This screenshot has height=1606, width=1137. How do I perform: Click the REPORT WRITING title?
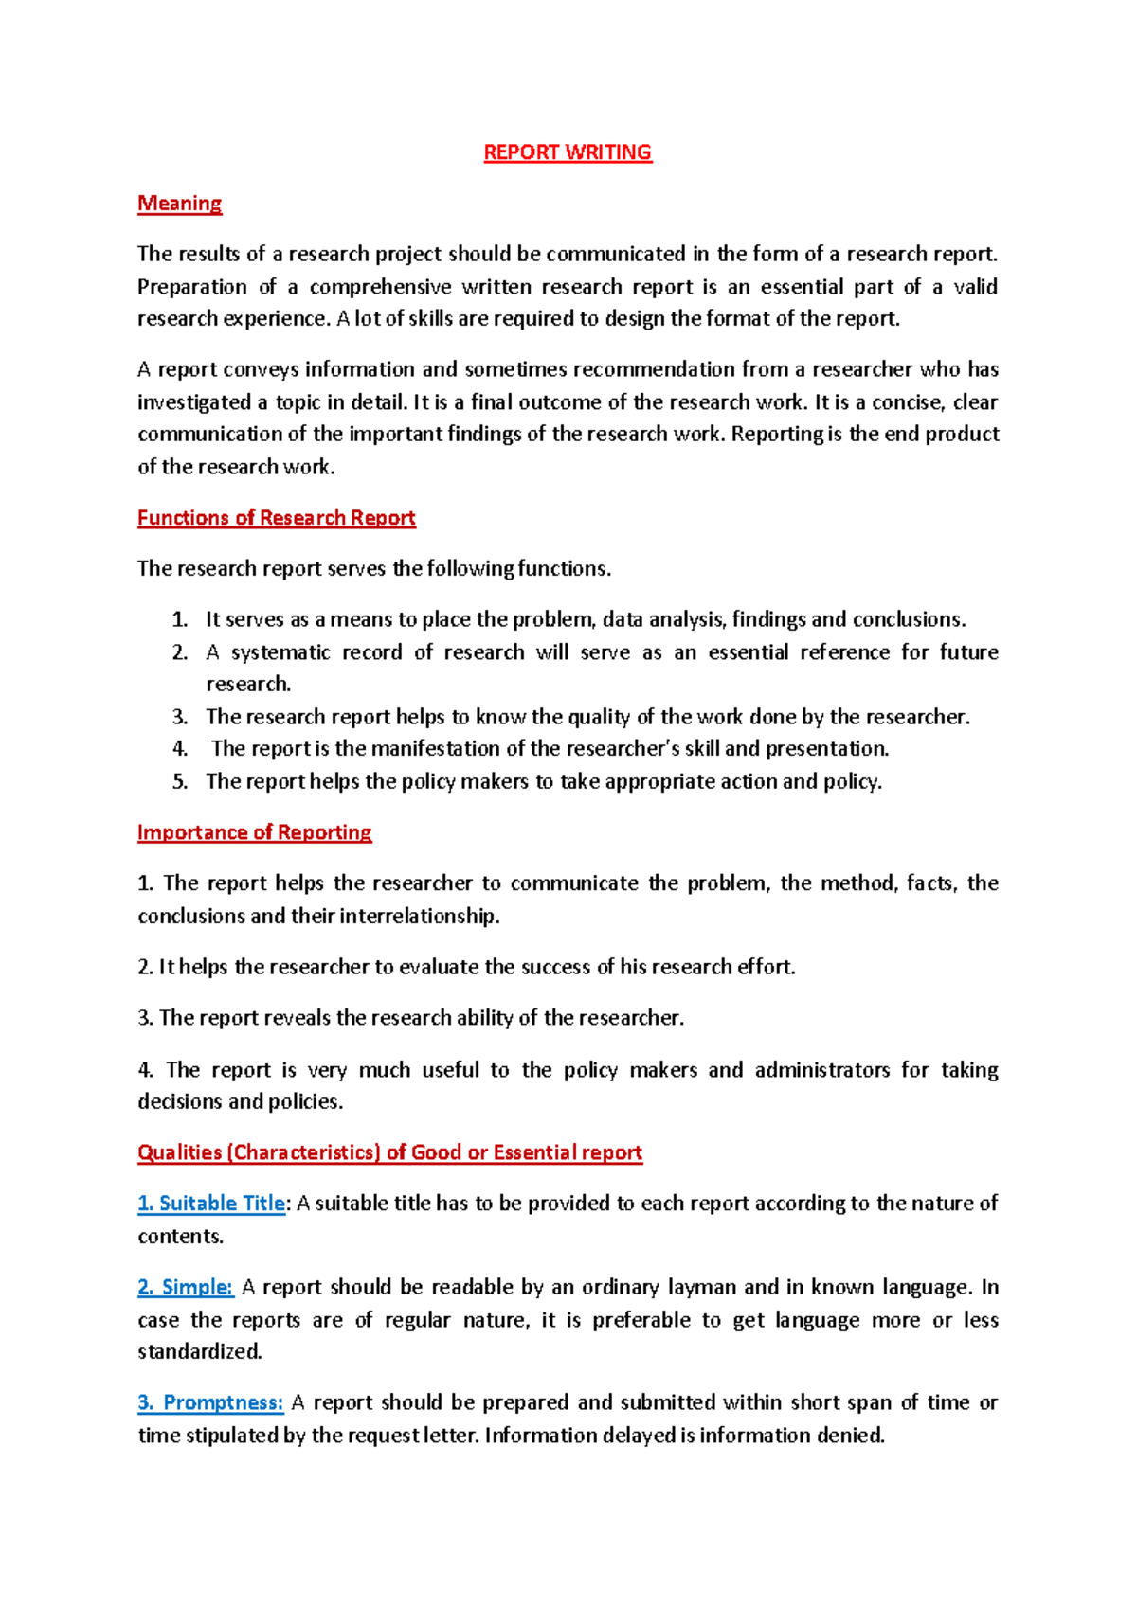pyautogui.click(x=568, y=152)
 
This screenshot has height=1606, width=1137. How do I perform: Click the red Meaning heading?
pyautogui.click(x=179, y=204)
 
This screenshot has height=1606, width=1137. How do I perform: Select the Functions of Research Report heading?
pyautogui.click(x=276, y=518)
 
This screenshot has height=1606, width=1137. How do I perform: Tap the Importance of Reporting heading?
pyautogui.click(x=254, y=832)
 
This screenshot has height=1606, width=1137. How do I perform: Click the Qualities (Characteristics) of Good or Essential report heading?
pyautogui.click(x=389, y=1152)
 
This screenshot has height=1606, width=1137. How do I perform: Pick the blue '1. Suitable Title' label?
pyautogui.click(x=211, y=1204)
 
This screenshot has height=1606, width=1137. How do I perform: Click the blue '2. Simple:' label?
pyautogui.click(x=186, y=1288)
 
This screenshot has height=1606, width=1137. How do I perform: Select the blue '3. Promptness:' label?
pyautogui.click(x=210, y=1402)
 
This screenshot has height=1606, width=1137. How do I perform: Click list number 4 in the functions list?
pyautogui.click(x=180, y=749)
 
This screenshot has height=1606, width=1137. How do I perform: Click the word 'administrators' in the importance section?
pyautogui.click(x=821, y=1070)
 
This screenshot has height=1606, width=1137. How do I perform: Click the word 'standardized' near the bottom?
pyautogui.click(x=199, y=1352)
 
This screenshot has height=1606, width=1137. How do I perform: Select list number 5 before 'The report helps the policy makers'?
pyautogui.click(x=180, y=782)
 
